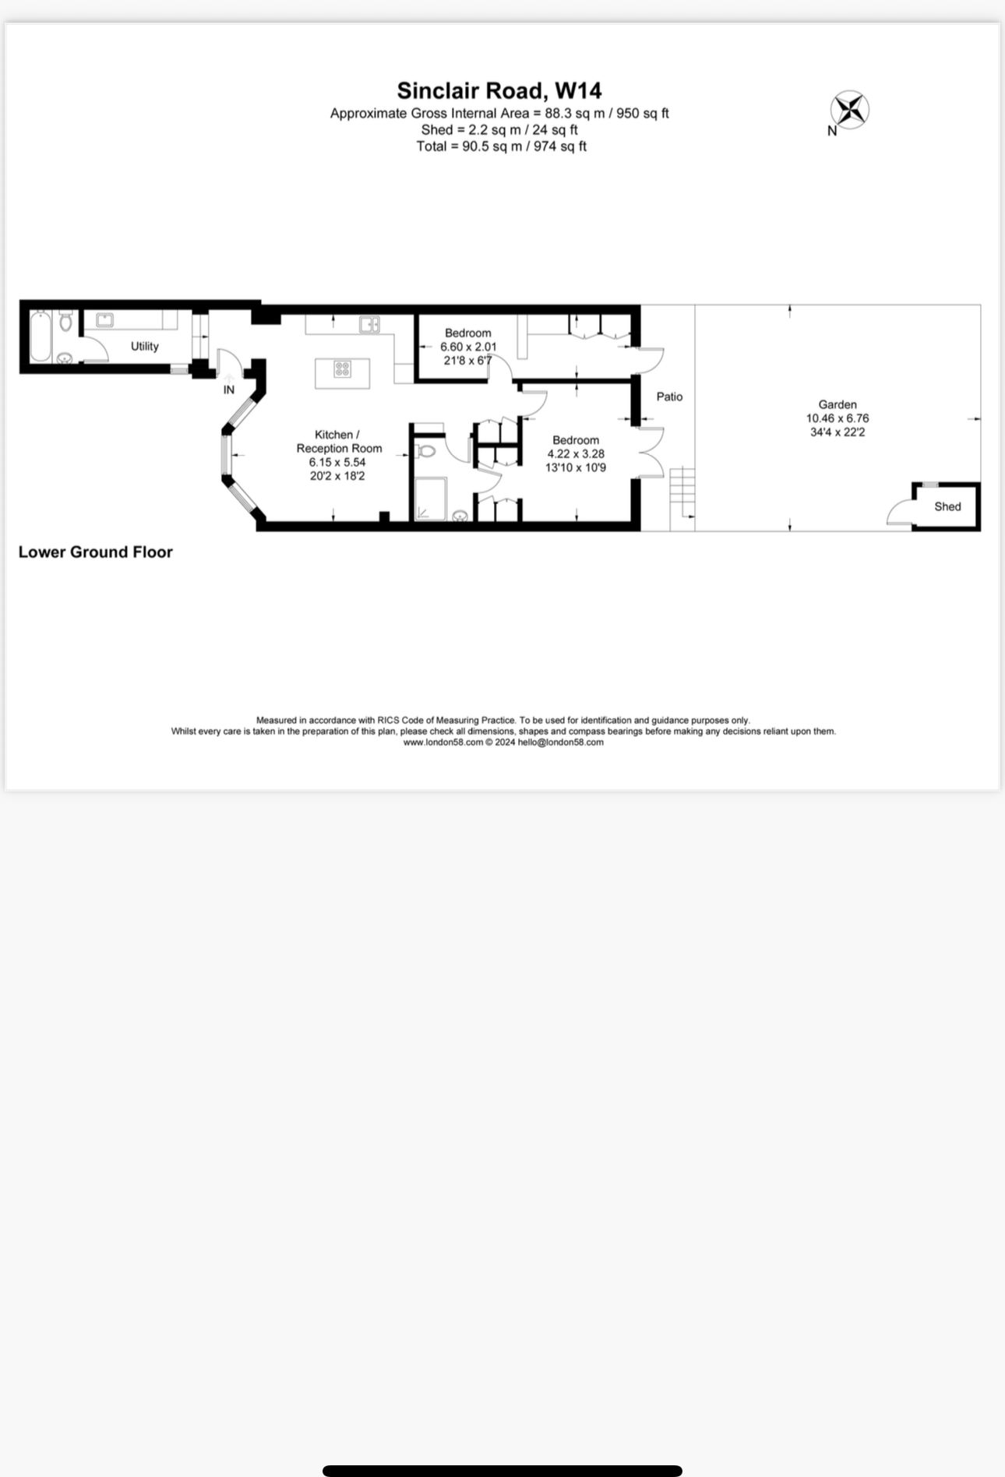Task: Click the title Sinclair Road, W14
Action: tap(499, 90)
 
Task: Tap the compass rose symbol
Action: tap(849, 110)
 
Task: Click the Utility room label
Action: tap(144, 346)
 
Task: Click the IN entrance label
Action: tap(229, 390)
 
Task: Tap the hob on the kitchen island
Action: tap(342, 369)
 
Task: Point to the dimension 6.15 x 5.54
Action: tap(337, 462)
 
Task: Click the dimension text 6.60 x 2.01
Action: tap(467, 347)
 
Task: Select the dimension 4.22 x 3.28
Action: tap(575, 454)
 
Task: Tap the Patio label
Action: tap(669, 397)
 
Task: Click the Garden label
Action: tap(837, 404)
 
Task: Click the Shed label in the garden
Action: tap(947, 506)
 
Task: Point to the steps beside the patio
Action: tap(681, 491)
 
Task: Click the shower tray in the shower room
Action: tap(430, 499)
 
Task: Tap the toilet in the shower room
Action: tap(425, 451)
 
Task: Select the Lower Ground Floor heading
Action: tap(95, 552)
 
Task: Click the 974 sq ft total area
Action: tap(559, 146)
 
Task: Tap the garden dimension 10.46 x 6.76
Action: tap(837, 418)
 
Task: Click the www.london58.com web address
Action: tap(443, 742)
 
